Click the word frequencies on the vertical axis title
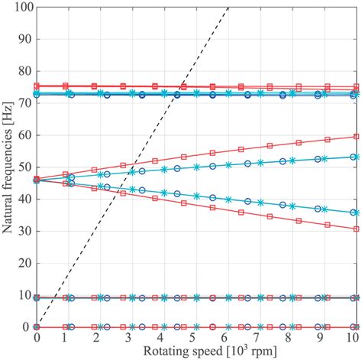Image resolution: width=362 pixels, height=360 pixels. coord(8,161)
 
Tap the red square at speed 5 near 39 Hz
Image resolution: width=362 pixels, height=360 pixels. coord(183,203)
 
